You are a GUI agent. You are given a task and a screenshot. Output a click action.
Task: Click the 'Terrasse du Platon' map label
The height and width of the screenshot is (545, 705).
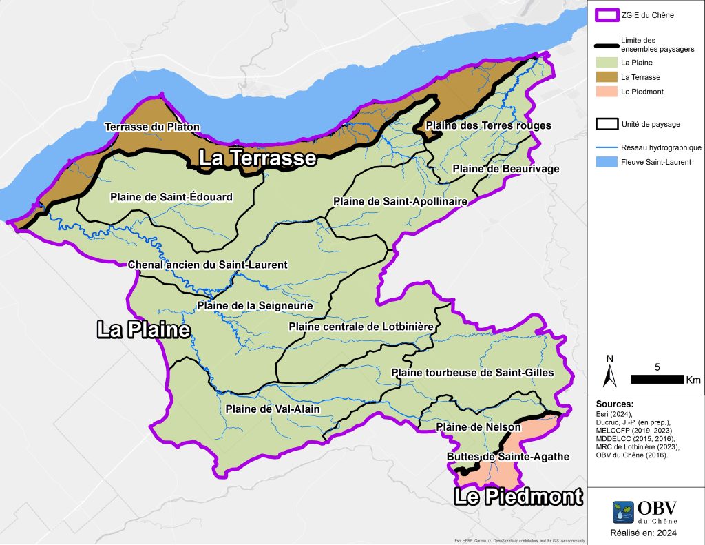151,127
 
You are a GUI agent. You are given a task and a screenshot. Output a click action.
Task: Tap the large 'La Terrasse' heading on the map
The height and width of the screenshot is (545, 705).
257,158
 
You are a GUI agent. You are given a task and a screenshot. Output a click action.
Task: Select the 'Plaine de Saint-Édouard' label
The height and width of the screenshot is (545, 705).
171,197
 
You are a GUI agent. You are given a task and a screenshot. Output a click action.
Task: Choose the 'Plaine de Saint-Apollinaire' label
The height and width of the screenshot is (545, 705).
401,202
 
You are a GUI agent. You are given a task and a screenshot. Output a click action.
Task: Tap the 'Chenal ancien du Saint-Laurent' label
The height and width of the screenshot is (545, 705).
208,265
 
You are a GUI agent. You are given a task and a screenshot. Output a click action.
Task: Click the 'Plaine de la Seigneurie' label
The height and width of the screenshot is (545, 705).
255,305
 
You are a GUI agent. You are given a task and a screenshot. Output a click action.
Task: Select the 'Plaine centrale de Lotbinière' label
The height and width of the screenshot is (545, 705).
361,326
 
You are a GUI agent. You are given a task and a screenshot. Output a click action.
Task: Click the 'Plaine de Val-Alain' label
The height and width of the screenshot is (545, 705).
273,409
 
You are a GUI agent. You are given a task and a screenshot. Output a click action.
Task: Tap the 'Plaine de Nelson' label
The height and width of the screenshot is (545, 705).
478,428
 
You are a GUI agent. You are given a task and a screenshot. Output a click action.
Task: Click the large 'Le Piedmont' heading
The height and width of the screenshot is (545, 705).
518,496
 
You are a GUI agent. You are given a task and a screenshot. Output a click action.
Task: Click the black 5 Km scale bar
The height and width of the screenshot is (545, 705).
657,379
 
